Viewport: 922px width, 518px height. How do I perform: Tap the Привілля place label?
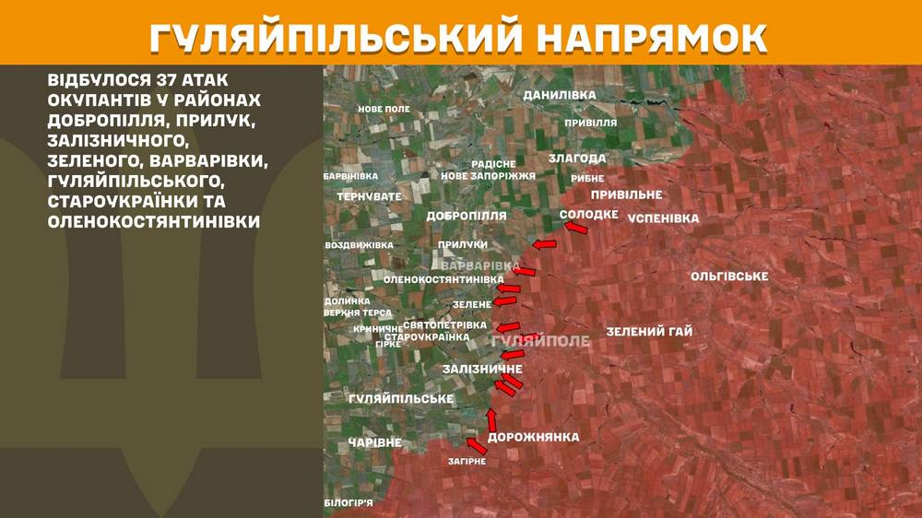click(x=591, y=122)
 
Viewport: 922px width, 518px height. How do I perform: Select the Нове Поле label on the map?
click(x=384, y=109)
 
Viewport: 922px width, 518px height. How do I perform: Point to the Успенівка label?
click(x=663, y=218)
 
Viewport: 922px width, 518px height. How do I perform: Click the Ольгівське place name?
click(x=729, y=277)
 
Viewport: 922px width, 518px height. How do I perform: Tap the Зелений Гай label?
click(x=649, y=332)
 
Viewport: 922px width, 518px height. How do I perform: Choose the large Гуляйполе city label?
click(x=541, y=341)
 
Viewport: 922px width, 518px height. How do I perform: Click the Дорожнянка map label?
click(x=533, y=437)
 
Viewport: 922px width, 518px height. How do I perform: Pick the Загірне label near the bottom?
click(x=467, y=461)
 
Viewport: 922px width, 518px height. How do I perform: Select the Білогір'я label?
click(x=349, y=502)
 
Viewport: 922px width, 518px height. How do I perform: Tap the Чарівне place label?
click(x=375, y=443)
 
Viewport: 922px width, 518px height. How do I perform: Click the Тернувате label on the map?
click(x=369, y=196)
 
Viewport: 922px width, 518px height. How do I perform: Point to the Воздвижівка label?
click(x=360, y=245)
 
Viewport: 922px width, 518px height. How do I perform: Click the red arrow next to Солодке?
click(x=575, y=227)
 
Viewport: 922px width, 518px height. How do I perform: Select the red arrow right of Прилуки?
click(x=545, y=244)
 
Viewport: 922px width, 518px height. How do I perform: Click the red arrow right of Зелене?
click(x=505, y=301)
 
